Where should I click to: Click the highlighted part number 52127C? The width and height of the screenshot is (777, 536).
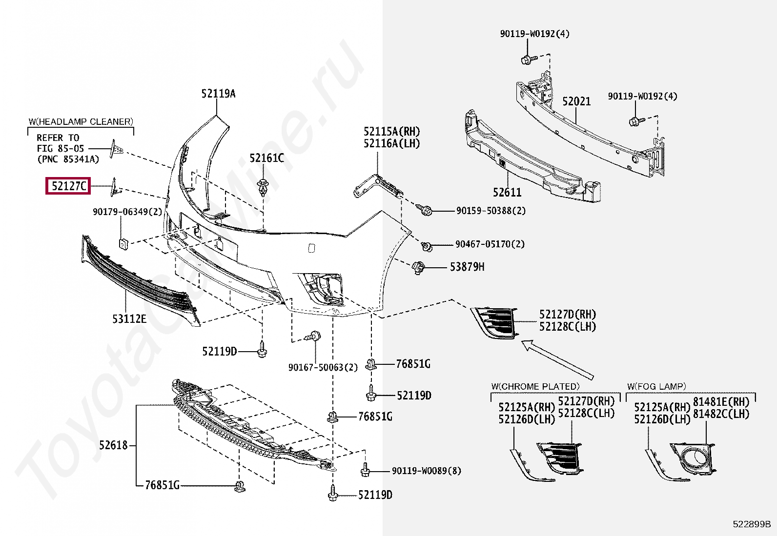68,186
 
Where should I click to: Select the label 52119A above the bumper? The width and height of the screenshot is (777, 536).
218,94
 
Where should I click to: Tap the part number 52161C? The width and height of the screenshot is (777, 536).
266,158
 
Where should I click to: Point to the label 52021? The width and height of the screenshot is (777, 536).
576,101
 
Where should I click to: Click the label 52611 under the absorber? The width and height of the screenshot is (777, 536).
507,193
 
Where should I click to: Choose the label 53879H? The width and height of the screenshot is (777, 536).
467,267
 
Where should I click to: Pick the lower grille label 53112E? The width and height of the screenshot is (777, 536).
129,319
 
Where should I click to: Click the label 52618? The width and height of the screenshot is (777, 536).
113,445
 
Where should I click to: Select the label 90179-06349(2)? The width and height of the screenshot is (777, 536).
127,212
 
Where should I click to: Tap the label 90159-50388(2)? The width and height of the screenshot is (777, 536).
491,211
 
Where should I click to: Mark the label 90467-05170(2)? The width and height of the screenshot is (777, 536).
490,244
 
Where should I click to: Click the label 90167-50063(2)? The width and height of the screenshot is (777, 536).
323,367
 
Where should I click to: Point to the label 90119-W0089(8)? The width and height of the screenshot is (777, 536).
427,471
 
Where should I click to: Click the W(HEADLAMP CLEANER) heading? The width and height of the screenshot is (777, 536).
81,121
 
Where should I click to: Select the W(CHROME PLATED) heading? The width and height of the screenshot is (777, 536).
535,386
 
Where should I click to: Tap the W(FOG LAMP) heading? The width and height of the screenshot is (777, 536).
656,386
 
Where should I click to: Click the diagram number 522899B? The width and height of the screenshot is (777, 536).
752,524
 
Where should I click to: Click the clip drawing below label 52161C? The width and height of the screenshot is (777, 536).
264,187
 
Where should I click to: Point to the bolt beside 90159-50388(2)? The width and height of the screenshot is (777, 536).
426,211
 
